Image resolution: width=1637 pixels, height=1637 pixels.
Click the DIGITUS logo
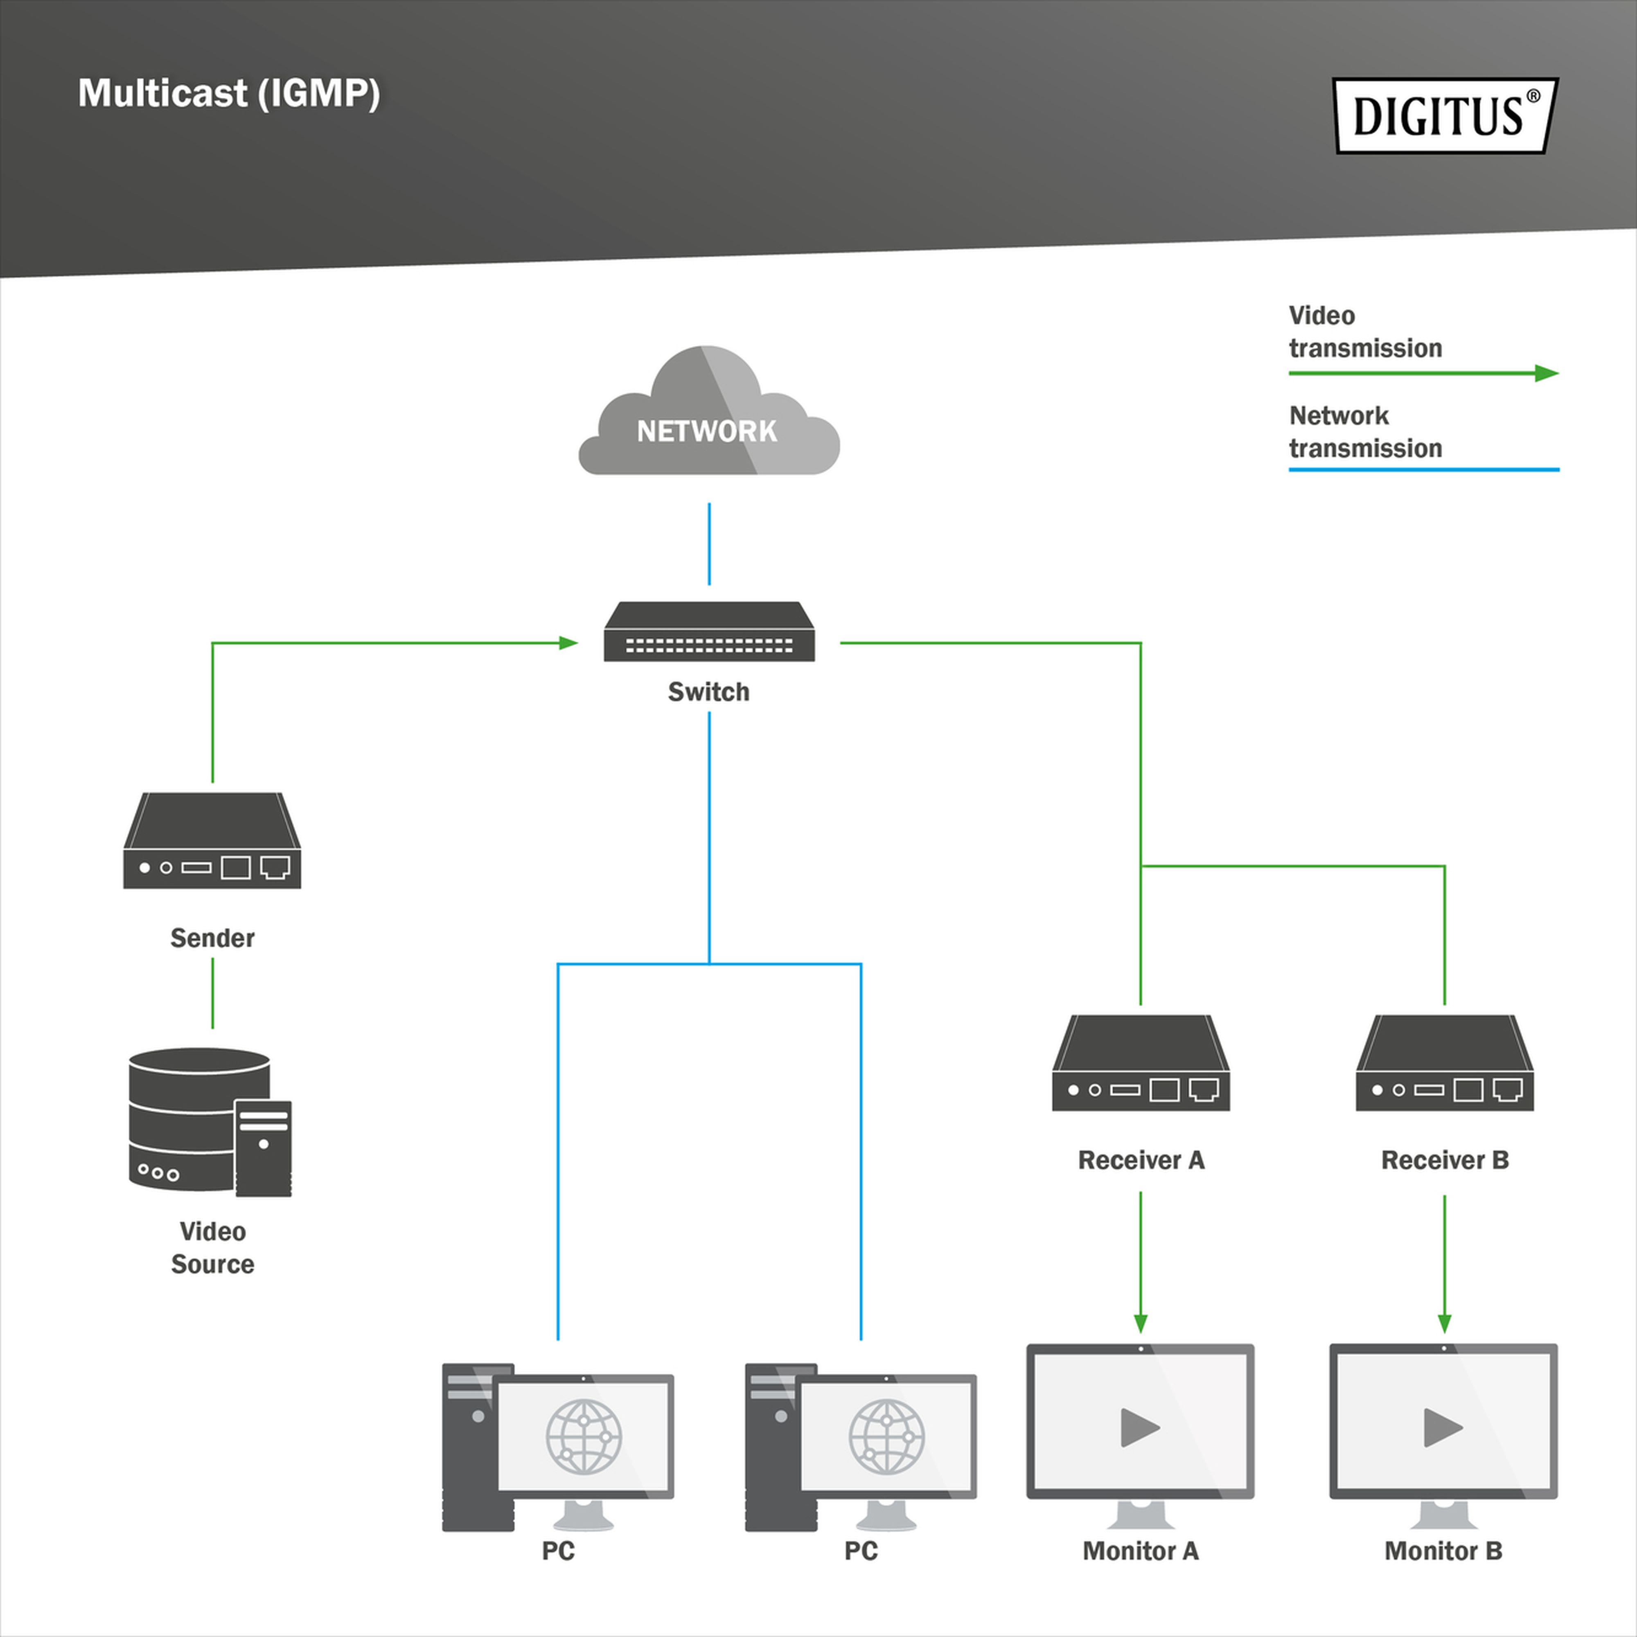click(1445, 116)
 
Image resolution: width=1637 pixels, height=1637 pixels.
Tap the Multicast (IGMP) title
click(229, 93)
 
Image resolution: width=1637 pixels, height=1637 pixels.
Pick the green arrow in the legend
click(1423, 373)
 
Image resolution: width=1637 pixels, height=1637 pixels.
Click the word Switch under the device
click(708, 692)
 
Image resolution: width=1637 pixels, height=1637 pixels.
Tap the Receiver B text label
click(1445, 1160)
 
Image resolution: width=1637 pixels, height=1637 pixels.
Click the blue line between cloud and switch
click(709, 544)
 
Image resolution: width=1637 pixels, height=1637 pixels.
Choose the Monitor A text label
click(1141, 1551)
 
